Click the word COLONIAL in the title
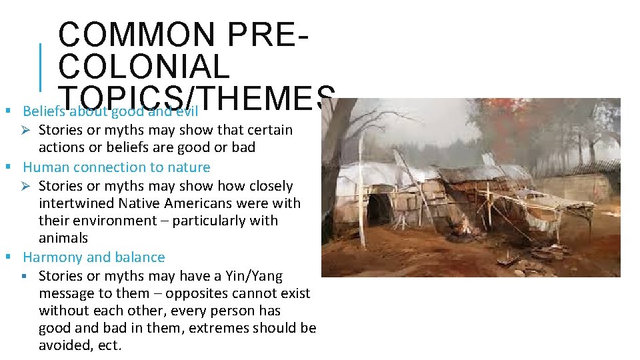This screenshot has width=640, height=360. tap(144, 67)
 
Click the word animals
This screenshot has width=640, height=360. tap(63, 238)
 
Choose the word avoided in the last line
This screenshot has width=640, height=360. tap(64, 345)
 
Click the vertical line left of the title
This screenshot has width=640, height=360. tap(40, 67)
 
